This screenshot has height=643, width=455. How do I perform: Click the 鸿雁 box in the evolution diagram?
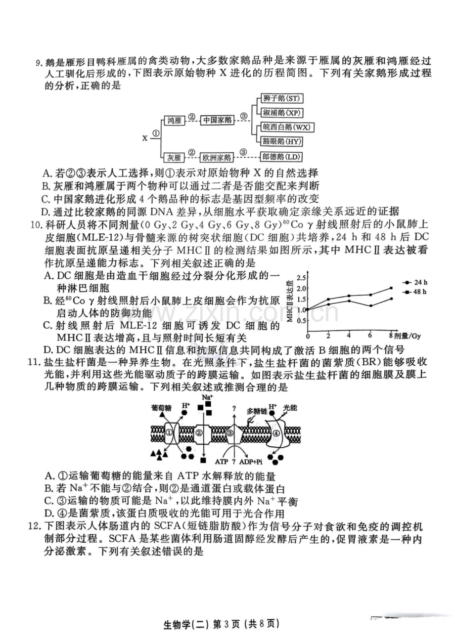(x=175, y=121)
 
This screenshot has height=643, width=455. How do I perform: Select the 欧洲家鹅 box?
(x=217, y=157)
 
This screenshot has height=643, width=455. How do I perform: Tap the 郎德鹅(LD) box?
(x=281, y=157)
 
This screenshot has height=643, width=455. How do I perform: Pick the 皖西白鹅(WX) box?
(x=287, y=127)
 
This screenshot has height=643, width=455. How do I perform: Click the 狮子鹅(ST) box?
(x=281, y=98)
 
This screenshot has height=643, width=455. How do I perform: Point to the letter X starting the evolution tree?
(x=145, y=139)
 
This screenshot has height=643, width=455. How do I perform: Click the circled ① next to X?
(x=155, y=133)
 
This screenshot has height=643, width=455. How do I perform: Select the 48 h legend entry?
(x=415, y=292)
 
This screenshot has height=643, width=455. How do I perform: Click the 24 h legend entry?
(x=415, y=283)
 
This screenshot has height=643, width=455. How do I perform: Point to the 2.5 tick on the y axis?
(x=301, y=278)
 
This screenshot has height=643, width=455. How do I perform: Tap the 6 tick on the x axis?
(x=370, y=336)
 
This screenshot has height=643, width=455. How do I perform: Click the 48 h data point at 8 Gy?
(x=391, y=288)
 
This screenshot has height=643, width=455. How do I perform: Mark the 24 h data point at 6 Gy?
(x=370, y=306)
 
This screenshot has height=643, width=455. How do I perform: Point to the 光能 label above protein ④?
(x=290, y=407)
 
